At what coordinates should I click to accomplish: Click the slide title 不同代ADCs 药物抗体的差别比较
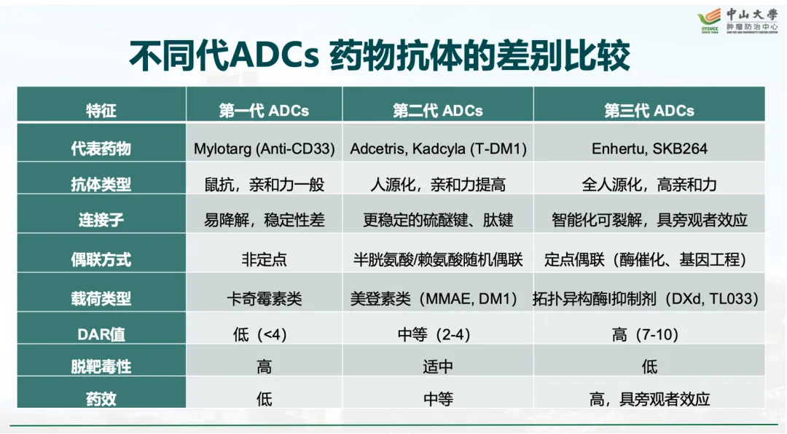[x=380, y=55]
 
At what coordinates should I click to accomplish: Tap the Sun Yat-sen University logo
[x=737, y=20]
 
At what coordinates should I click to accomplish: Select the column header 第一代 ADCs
[x=264, y=111]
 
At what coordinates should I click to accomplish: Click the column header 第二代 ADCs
[x=438, y=111]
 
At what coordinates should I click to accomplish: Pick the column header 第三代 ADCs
[x=649, y=111]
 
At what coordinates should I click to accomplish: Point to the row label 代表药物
[x=101, y=149]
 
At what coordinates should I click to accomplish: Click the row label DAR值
[x=101, y=334]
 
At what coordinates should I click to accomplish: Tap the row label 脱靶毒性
[x=101, y=367]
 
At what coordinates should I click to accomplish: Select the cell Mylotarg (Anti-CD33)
[x=264, y=149]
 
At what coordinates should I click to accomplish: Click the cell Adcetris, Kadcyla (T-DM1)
[x=438, y=149]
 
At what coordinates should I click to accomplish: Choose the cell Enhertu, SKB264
[x=649, y=149]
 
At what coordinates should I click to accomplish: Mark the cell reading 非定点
[x=264, y=259]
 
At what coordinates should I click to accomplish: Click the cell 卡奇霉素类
[x=264, y=299]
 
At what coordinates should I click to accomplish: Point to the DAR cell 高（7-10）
[x=645, y=334]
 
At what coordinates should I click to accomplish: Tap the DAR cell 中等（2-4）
[x=434, y=334]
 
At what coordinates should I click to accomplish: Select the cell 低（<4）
[x=260, y=334]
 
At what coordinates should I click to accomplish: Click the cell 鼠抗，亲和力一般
[x=264, y=185]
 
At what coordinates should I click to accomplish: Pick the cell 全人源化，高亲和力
[x=649, y=185]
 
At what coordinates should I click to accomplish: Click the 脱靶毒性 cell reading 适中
[x=438, y=367]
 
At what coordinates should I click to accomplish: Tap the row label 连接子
[x=101, y=220]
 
